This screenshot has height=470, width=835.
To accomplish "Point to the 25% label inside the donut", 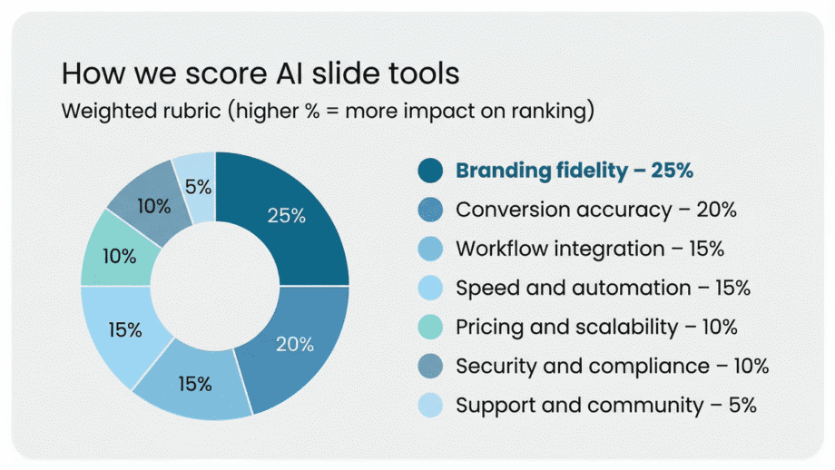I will point(286,216).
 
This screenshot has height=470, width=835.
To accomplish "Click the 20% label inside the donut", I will point(295,345).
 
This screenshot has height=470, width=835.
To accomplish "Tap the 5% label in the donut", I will point(199,187).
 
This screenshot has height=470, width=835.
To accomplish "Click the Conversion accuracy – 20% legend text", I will point(595,210).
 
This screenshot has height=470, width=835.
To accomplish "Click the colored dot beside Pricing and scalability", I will point(431,327).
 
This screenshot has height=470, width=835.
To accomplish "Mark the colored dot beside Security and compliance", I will point(431,366).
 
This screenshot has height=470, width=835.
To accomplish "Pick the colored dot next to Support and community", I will point(431,405).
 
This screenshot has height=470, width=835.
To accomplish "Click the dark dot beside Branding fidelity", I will point(431,171).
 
